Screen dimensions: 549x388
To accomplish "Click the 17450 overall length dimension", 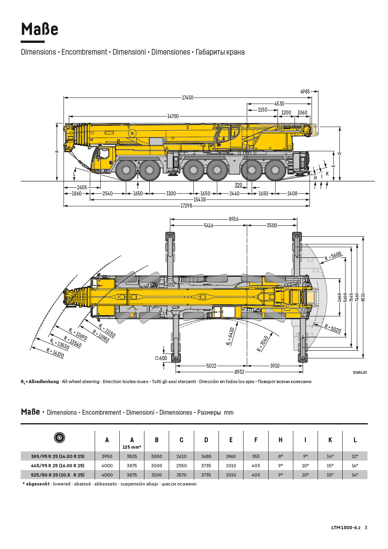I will (187, 98).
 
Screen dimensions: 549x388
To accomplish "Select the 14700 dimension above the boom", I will (173, 116).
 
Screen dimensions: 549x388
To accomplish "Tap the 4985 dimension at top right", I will (305, 92).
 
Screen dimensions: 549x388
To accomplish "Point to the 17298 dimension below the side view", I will (186, 206).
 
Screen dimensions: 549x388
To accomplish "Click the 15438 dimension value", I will (199, 199).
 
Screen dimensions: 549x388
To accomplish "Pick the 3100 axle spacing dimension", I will (171, 193).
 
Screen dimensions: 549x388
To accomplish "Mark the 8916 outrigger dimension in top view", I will (233, 219).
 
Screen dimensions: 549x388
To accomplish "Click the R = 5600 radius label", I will (333, 256).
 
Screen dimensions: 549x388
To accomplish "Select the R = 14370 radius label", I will (55, 353).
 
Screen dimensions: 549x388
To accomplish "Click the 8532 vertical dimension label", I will (363, 297).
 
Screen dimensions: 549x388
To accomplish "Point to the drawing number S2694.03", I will (360, 373).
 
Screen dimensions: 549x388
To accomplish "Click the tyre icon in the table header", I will (59, 437).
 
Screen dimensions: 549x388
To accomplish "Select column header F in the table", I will (256, 440).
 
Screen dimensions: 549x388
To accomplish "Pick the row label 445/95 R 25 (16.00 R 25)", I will (58, 466).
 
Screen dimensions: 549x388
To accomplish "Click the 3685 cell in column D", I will (206, 456).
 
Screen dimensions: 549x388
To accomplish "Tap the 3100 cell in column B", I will (157, 475).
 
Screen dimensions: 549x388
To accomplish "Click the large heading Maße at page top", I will (40, 30).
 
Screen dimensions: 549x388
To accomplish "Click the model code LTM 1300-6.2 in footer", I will (346, 528).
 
